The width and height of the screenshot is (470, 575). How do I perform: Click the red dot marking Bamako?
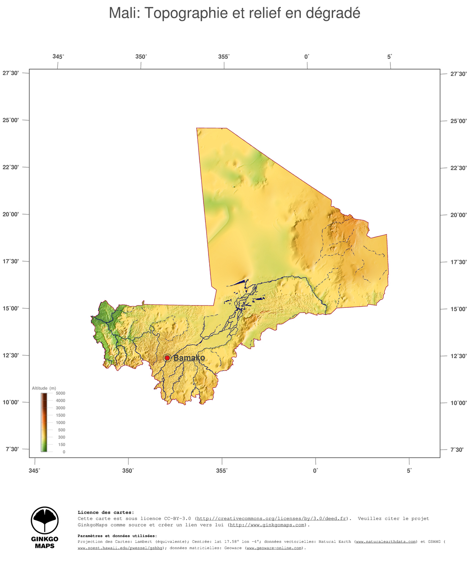[167, 358]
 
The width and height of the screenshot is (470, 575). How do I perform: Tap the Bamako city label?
[189, 358]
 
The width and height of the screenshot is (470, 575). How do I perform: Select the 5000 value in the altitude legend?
[60, 393]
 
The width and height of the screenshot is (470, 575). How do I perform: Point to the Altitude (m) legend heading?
[44, 388]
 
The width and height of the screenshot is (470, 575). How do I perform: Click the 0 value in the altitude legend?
[64, 452]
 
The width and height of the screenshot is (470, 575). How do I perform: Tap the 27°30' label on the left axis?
[11, 73]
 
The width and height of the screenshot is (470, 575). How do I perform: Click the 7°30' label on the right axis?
[456, 450]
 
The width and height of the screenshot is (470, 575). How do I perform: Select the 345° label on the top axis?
[58, 56]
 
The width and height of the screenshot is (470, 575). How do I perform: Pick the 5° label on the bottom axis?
[409, 470]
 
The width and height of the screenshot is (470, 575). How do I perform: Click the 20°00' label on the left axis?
[11, 214]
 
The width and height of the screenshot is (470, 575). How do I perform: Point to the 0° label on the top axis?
[307, 56]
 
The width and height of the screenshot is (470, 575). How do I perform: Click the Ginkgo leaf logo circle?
[45, 520]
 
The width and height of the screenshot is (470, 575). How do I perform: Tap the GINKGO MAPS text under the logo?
[45, 542]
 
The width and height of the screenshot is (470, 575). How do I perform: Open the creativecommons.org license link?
[271, 519]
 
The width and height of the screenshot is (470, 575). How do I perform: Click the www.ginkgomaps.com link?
[267, 525]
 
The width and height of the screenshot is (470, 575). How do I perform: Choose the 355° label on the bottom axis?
[222, 470]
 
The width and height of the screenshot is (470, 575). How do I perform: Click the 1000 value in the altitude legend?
[60, 423]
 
